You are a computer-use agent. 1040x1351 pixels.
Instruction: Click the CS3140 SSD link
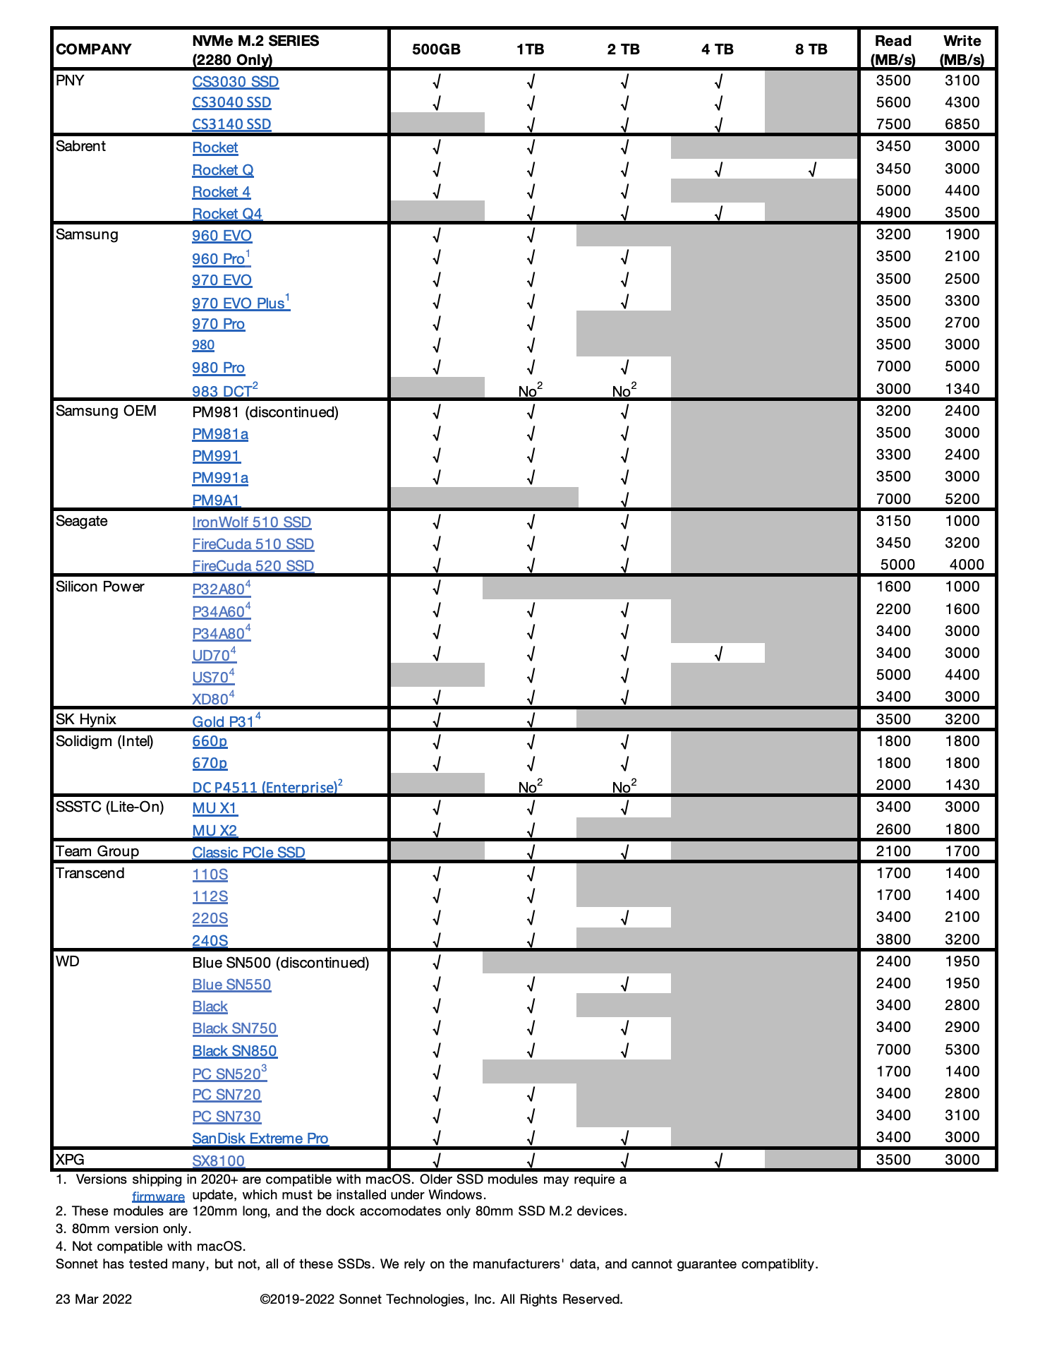tap(231, 124)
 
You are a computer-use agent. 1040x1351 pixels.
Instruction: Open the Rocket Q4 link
tap(226, 214)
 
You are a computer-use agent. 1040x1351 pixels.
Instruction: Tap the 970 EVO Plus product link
tap(238, 304)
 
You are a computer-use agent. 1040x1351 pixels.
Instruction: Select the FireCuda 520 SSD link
tap(253, 566)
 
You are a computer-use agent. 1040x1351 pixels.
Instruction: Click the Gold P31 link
tap(223, 721)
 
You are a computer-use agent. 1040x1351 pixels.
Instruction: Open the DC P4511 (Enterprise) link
tap(265, 787)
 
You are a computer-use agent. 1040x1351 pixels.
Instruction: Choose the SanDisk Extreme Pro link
tap(260, 1139)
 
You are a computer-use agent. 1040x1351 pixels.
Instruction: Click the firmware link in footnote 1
tap(158, 1196)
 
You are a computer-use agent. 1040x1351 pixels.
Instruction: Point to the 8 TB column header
tap(811, 49)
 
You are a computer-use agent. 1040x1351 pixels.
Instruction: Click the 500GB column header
tap(436, 49)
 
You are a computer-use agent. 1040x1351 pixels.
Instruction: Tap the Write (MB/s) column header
tap(962, 50)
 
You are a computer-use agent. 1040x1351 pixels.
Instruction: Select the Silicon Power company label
tap(99, 587)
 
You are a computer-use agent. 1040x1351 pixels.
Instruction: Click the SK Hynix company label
tap(86, 719)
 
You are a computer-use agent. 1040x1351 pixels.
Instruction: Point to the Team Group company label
tap(97, 851)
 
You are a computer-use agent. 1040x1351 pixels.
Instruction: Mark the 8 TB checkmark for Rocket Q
tap(812, 170)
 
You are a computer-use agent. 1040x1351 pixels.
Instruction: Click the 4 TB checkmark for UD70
tap(718, 654)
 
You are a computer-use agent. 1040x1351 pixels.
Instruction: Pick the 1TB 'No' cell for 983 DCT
tap(530, 390)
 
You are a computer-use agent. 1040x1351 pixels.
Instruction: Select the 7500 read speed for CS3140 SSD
tap(893, 124)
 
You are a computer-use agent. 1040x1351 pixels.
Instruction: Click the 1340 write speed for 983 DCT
tap(962, 389)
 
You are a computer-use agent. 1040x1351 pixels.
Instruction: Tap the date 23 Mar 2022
tap(94, 1299)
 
